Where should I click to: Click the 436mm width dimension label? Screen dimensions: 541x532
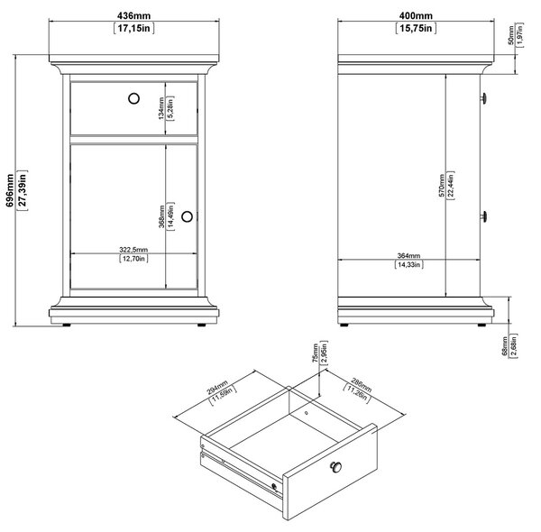point(133,16)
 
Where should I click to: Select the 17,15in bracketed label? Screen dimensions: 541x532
point(133,28)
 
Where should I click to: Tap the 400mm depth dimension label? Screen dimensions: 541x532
point(416,16)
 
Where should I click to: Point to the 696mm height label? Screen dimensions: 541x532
point(10,190)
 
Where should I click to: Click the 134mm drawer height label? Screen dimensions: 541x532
point(161,108)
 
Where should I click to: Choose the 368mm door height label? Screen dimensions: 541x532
point(161,216)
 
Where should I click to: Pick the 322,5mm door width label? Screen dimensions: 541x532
point(133,250)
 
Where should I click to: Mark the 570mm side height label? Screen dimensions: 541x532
point(442,186)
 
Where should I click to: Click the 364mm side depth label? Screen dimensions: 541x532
point(408,256)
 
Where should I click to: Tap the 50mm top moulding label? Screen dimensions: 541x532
point(511,35)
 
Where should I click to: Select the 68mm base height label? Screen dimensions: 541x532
point(505,346)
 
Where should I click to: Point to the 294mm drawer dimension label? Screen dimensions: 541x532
point(217,387)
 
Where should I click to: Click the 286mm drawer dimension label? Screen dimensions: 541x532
point(362,385)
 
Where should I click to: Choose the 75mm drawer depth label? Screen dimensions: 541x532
point(315,353)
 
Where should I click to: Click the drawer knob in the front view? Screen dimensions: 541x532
point(133,98)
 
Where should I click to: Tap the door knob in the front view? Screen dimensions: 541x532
point(187,216)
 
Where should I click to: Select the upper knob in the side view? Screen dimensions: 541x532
point(483,98)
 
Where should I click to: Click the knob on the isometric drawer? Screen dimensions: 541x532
point(335,467)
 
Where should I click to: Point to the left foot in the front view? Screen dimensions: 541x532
point(66,325)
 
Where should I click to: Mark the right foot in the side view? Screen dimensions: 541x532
point(481,325)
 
